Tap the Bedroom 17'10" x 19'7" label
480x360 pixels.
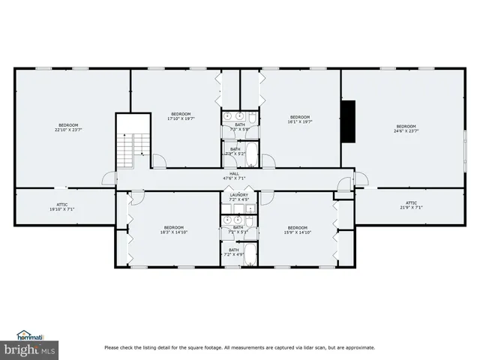tap(181, 116)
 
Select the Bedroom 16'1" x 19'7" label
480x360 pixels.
tap(300, 118)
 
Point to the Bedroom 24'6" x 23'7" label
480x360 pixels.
tap(406, 127)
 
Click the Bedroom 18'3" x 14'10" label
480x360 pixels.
tap(174, 229)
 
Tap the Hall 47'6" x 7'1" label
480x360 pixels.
tap(235, 176)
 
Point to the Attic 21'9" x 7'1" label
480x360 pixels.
tap(411, 205)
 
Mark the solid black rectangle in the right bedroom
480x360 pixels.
tap(348, 121)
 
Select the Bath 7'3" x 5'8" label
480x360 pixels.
tap(239, 127)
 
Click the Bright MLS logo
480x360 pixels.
tap(30, 349)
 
